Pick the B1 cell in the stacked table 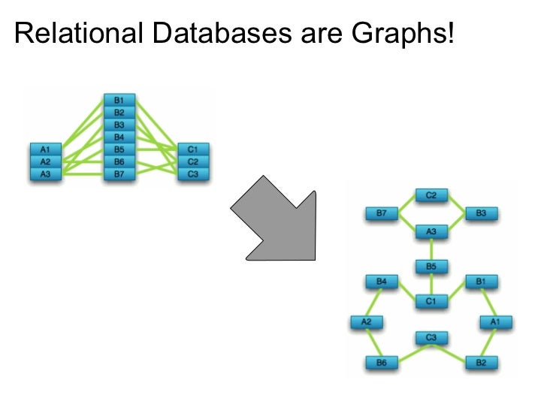tap(119, 100)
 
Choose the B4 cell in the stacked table tap(119, 137)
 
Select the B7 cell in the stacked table tap(119, 173)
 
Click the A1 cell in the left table tap(45, 149)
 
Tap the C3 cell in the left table tap(192, 173)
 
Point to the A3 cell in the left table tap(45, 173)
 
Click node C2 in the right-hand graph tap(431, 195)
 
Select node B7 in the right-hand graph tap(381, 214)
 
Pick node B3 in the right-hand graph tap(482, 214)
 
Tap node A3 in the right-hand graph tap(431, 232)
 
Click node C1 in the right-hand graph tap(431, 301)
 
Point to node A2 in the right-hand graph tap(367, 322)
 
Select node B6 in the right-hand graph tap(381, 363)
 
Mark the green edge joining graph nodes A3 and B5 tap(431, 249)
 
